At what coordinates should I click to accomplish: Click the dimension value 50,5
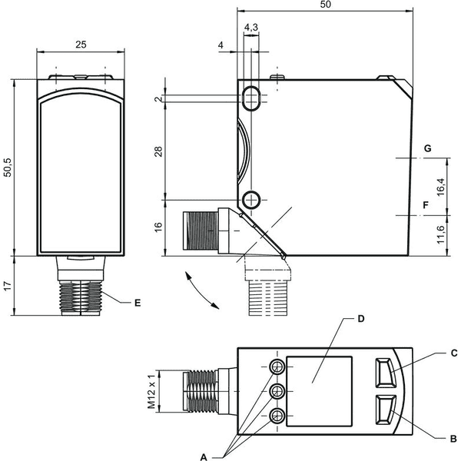pos(8,167)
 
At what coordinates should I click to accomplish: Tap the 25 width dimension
pos(81,45)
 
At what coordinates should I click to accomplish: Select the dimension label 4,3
pos(251,28)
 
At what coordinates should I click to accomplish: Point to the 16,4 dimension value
pos(441,187)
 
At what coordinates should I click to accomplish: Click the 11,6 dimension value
pos(441,234)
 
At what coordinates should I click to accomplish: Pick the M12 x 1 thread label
pos(151,392)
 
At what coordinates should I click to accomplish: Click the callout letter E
pos(138,303)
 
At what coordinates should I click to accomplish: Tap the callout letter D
pos(361,319)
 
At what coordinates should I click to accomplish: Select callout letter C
pos(454,353)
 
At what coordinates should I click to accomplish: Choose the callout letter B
pos(453,439)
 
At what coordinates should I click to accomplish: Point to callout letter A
pos(204,457)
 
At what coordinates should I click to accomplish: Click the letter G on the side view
pos(427,148)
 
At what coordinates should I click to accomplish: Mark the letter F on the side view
pos(426,205)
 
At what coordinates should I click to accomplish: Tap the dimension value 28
pos(158,151)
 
